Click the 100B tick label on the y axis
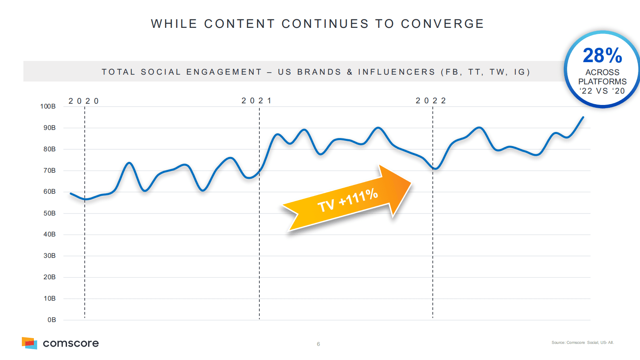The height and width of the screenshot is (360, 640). click(x=48, y=106)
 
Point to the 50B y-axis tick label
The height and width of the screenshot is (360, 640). click(x=49, y=213)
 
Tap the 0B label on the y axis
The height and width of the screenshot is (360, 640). click(x=52, y=320)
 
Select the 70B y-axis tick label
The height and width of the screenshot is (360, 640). click(x=49, y=170)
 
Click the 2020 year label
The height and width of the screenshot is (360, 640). click(x=83, y=101)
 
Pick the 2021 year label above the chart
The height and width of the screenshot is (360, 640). click(x=256, y=100)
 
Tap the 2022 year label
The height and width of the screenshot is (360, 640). click(x=431, y=100)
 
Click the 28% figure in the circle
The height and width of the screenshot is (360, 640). click(x=602, y=56)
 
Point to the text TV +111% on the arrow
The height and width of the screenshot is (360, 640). click(x=348, y=200)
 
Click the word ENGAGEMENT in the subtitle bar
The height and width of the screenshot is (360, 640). click(x=224, y=72)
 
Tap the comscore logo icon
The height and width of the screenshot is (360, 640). click(x=29, y=343)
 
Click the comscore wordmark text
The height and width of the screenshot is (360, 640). click(x=71, y=343)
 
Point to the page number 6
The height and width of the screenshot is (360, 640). click(x=318, y=344)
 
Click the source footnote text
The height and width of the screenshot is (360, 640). click(x=583, y=343)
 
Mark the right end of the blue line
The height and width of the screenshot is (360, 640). click(x=583, y=117)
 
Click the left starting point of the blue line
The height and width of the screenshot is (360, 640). click(x=71, y=194)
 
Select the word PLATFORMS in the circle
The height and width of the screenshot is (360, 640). click(x=602, y=82)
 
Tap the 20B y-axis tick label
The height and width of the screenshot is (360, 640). click(x=49, y=277)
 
